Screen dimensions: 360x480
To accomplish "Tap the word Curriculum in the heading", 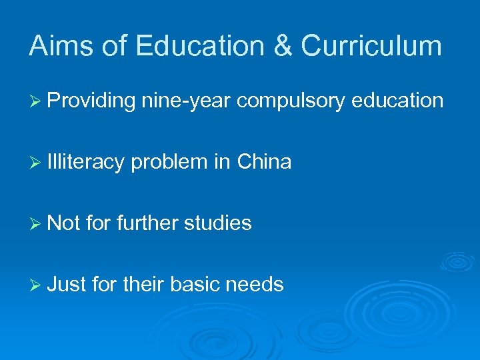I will click(371, 46).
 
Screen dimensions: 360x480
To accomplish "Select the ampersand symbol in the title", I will click(280, 46).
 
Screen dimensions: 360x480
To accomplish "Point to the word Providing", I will click(91, 101).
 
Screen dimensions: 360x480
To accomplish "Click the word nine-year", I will click(186, 101).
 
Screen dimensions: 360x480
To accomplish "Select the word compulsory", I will click(291, 101).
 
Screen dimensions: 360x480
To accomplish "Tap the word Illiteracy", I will click(86, 162).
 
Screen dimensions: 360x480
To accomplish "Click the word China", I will click(264, 161).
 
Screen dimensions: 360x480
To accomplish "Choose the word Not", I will click(64, 223).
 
